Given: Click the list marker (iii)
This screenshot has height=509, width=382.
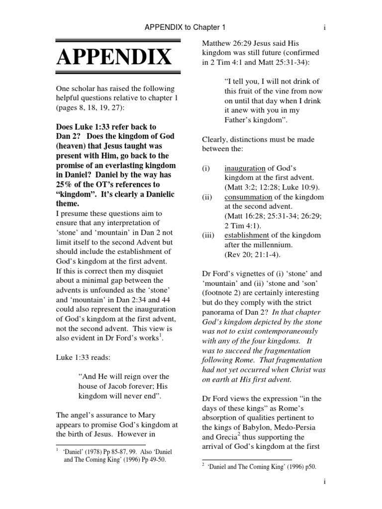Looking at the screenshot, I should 209,235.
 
